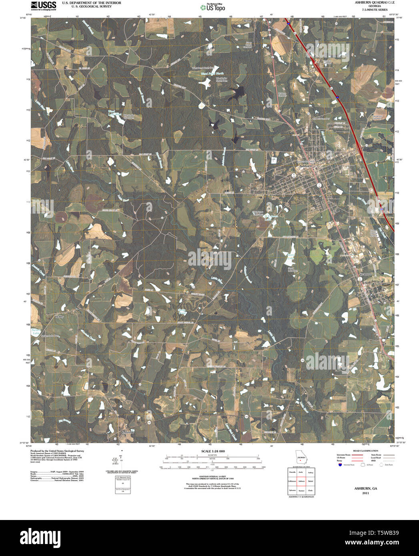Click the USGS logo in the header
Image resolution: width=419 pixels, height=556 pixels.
pyautogui.click(x=43, y=5)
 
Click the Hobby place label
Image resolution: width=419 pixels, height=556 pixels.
pyautogui.click(x=59, y=316)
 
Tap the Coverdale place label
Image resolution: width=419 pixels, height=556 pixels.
pyautogui.click(x=128, y=432)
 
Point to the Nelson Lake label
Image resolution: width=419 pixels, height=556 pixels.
pyautogui.click(x=36, y=331)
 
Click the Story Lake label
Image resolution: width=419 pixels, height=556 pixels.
pyautogui.click(x=291, y=256)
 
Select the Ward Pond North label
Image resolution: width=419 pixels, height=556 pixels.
pyautogui.click(x=213, y=74)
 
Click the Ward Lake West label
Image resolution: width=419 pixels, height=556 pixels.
pyautogui.click(x=114, y=113)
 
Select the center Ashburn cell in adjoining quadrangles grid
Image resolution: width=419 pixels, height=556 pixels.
pyautogui.click(x=301, y=481)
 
